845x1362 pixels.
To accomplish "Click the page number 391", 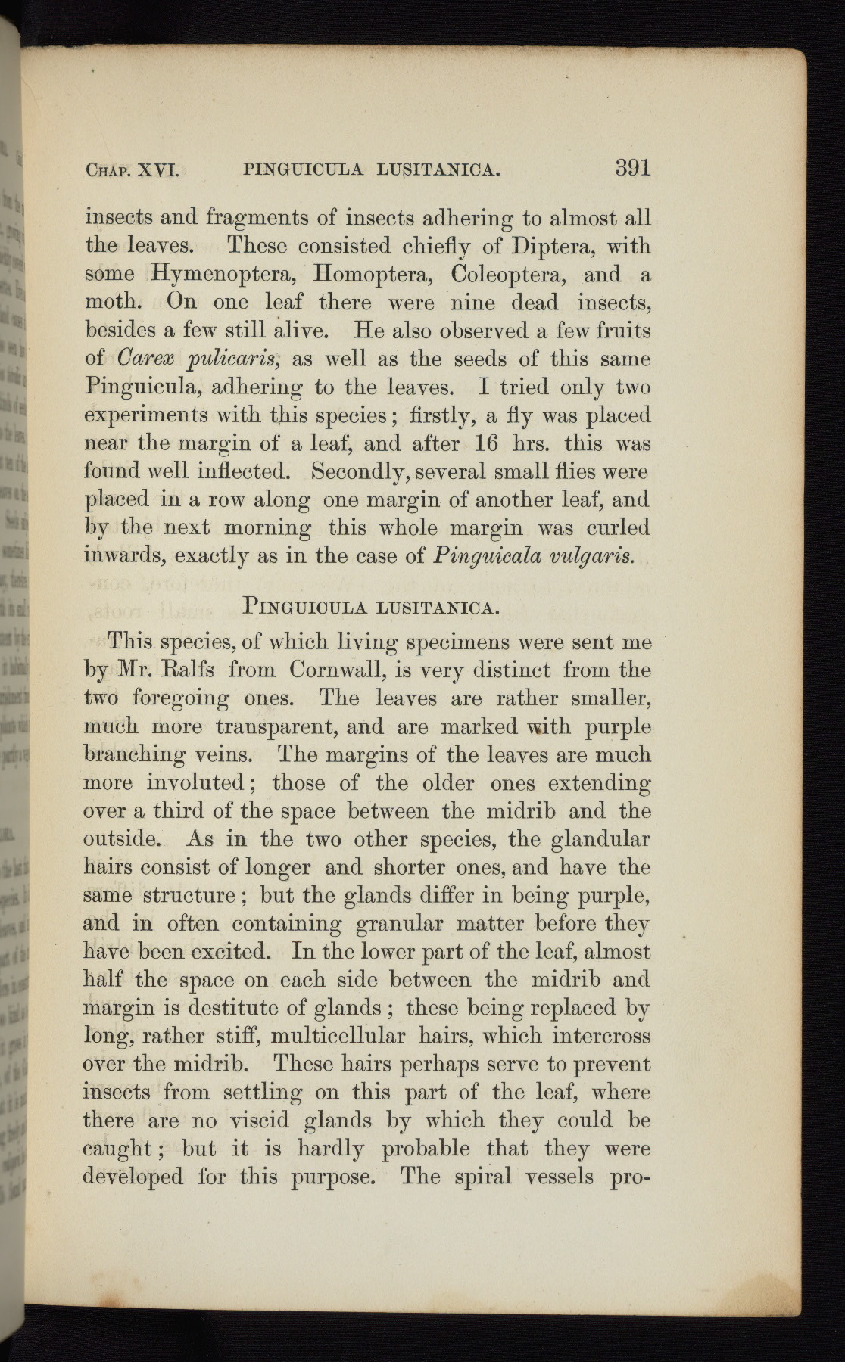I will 633,167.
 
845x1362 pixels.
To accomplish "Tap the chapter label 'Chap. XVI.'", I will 132,170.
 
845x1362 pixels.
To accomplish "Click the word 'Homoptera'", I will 374,275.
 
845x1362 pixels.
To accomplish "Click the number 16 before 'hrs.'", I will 486,443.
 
